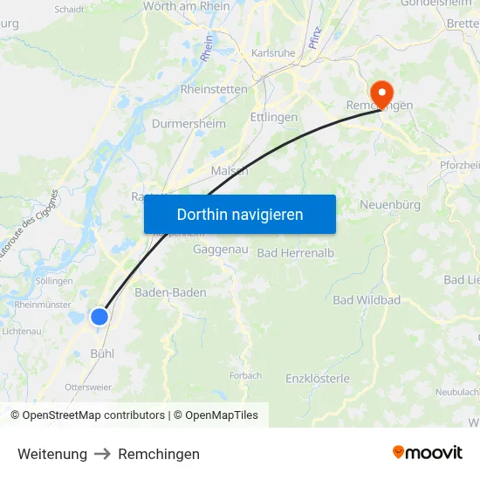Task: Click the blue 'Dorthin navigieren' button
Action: coord(240,214)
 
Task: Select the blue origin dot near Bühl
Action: coord(99,316)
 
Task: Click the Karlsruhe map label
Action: coord(273,53)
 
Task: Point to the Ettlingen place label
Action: coord(274,117)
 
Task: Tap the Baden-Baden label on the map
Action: coord(171,292)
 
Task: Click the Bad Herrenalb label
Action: coord(296,253)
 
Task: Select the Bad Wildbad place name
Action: coord(367,300)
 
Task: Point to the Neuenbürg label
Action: coord(390,205)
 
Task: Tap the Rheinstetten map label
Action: coord(214,89)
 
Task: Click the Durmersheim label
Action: coord(189,124)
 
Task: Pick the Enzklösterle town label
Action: coord(318,379)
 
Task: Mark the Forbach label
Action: coord(245,376)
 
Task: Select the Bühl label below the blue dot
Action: coord(102,353)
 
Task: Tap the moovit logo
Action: coord(428,453)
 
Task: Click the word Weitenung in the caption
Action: coord(52,454)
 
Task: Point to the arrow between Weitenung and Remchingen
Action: coord(103,454)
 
